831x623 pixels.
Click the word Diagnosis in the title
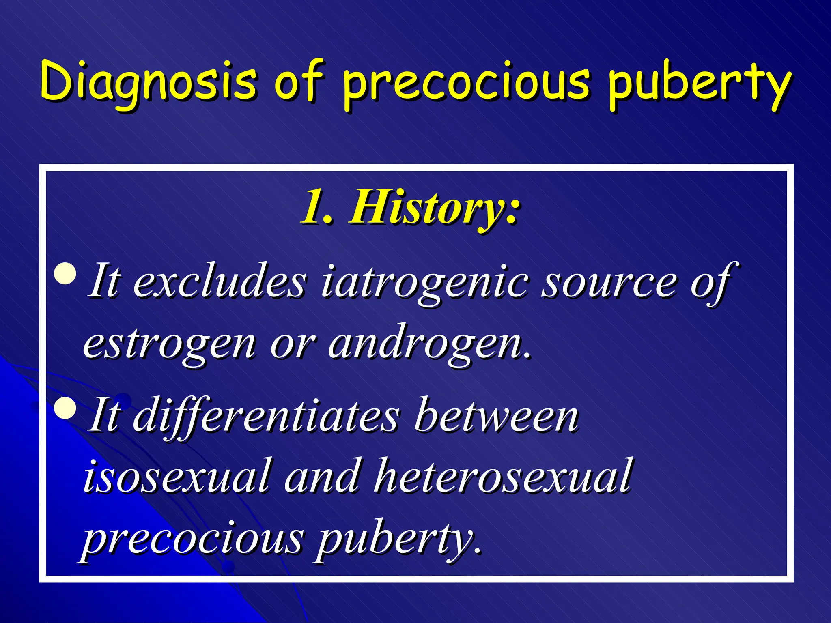tap(149, 81)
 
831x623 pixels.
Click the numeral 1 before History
tap(313, 208)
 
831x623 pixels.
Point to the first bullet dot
tap(65, 274)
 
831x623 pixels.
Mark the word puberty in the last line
tap(396, 539)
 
